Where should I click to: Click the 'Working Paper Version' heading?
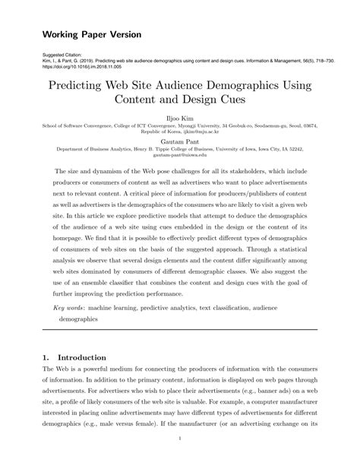tap(91, 35)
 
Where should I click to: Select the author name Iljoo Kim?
tap(179, 119)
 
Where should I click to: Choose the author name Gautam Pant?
tap(179, 141)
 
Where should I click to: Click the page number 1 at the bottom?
tap(179, 438)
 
